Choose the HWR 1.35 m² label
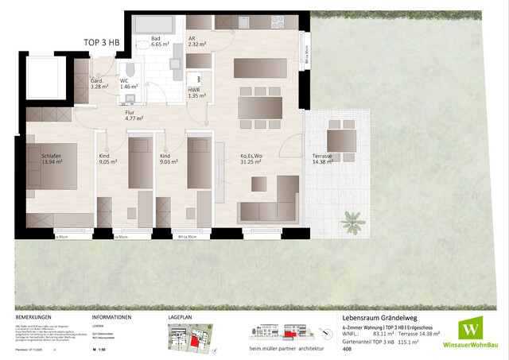click(x=196, y=92)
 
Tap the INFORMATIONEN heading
click(x=111, y=316)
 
